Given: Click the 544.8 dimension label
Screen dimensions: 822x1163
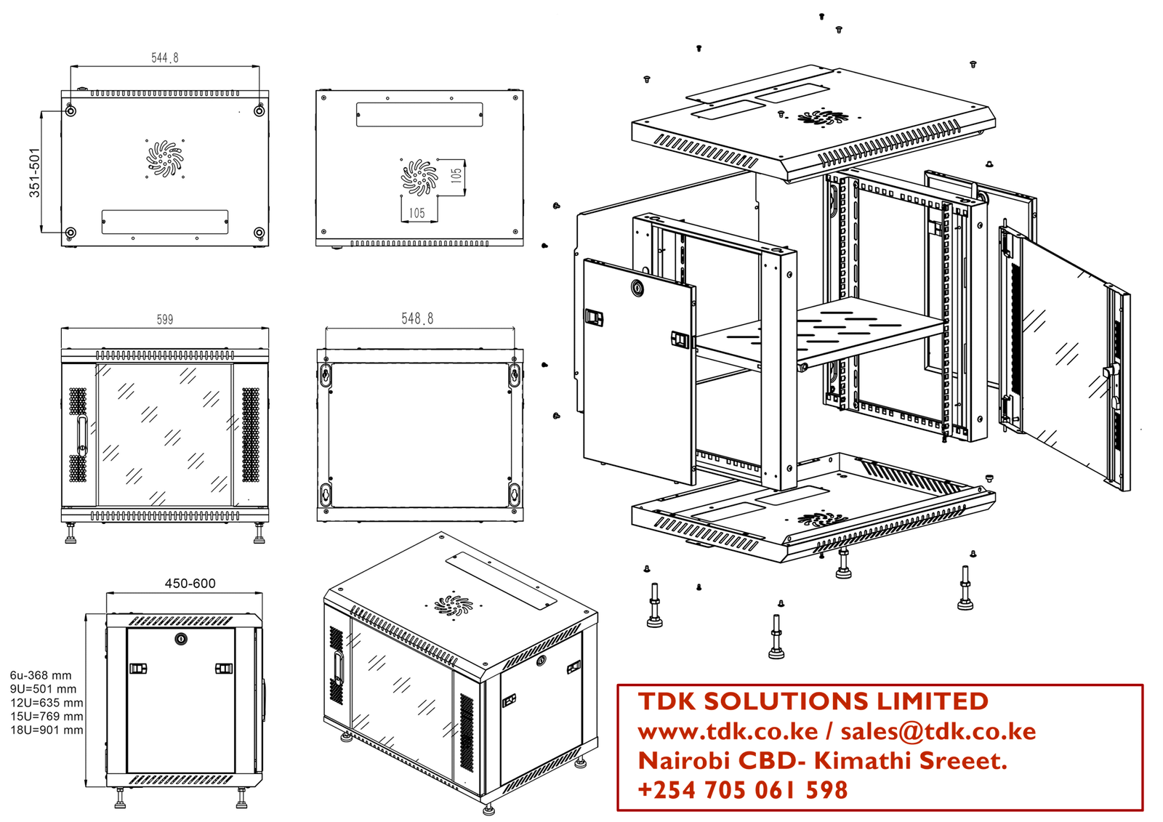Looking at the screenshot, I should (165, 57).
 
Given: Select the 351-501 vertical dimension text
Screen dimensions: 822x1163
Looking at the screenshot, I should (34, 172).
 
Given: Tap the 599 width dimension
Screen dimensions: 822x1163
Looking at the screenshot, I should (165, 319).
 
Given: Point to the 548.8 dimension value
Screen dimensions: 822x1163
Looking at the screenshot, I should (417, 318).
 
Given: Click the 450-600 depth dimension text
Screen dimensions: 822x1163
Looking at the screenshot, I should (190, 583).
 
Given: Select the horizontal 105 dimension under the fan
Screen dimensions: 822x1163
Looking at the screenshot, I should (416, 213).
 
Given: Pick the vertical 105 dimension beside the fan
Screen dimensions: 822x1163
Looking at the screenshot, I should (456, 175).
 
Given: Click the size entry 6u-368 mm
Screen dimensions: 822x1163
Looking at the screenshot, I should (41, 675).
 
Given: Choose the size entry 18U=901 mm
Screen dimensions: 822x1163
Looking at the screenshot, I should (47, 730).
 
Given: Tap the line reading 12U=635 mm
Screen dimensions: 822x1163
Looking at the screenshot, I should (47, 703).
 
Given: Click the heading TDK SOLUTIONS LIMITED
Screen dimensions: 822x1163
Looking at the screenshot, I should (813, 701).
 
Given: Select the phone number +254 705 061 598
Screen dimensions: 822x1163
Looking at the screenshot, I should (742, 790).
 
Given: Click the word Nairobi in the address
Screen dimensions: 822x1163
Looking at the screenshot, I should (683, 761).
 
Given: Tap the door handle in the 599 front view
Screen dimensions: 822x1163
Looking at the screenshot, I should (82, 435).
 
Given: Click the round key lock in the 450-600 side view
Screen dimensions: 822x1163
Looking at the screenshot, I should (181, 639).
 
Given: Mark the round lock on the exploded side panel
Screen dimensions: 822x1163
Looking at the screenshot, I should (637, 289).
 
